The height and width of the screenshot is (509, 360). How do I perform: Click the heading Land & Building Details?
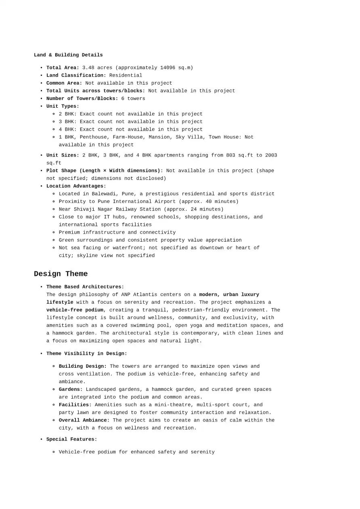pos(68,55)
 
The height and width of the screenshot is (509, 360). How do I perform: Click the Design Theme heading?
pos(61,274)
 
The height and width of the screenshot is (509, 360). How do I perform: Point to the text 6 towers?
pos(133,98)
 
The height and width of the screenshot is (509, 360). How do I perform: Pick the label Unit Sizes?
pos(63,155)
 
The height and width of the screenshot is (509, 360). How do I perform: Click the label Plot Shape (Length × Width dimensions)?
pos(105,171)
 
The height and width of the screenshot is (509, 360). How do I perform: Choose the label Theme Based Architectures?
pos(85,287)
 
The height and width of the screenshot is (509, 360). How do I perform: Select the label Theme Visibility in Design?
pos(86,354)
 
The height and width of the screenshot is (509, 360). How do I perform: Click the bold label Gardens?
pos(71,390)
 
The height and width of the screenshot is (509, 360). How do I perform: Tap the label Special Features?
pos(71,439)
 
